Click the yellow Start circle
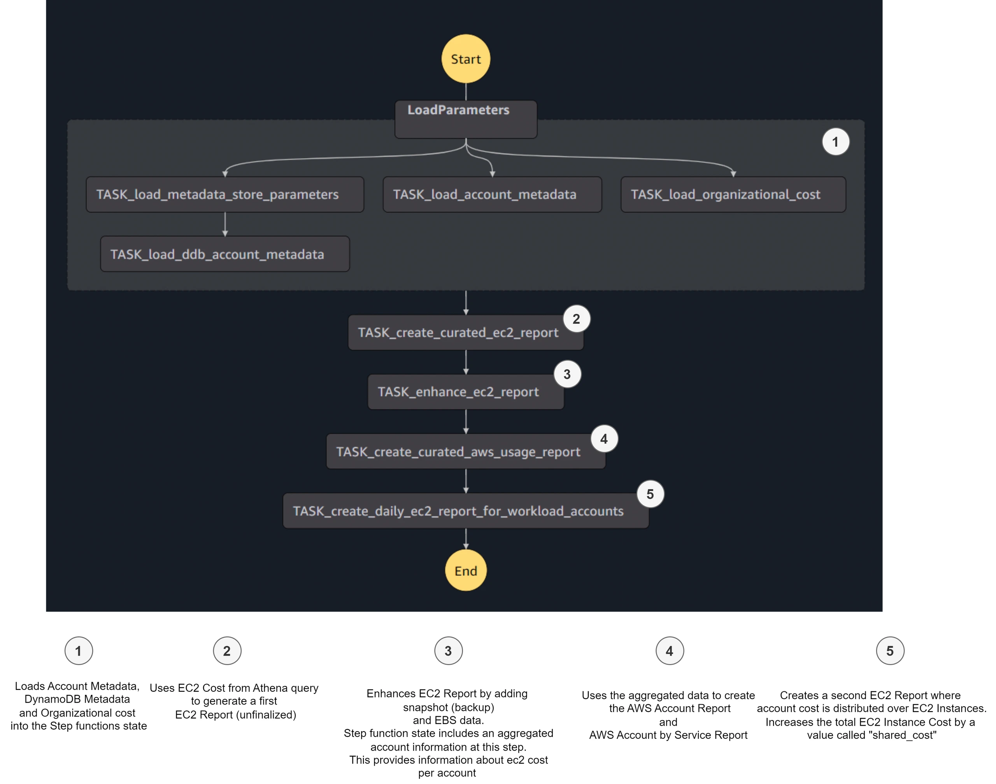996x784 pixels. click(x=465, y=59)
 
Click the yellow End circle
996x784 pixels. click(x=465, y=570)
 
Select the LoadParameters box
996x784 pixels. click(x=466, y=119)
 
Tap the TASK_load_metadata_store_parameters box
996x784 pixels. click(x=225, y=195)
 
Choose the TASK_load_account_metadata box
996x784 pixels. click(x=492, y=195)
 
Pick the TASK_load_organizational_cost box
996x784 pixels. click(x=733, y=195)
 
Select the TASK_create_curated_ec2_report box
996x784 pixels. click(x=465, y=332)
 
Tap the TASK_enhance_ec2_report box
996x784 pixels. click(x=465, y=392)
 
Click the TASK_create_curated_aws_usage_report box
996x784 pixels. click(x=465, y=452)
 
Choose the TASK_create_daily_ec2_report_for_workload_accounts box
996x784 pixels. click(x=465, y=511)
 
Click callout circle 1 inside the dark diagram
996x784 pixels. click(x=835, y=142)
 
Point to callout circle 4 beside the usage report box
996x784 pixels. click(x=604, y=439)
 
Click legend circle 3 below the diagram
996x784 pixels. click(x=449, y=651)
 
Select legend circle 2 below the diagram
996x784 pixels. click(x=227, y=651)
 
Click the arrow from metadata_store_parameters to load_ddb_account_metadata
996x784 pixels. click(x=225, y=225)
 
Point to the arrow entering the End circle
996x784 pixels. click(x=466, y=539)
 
